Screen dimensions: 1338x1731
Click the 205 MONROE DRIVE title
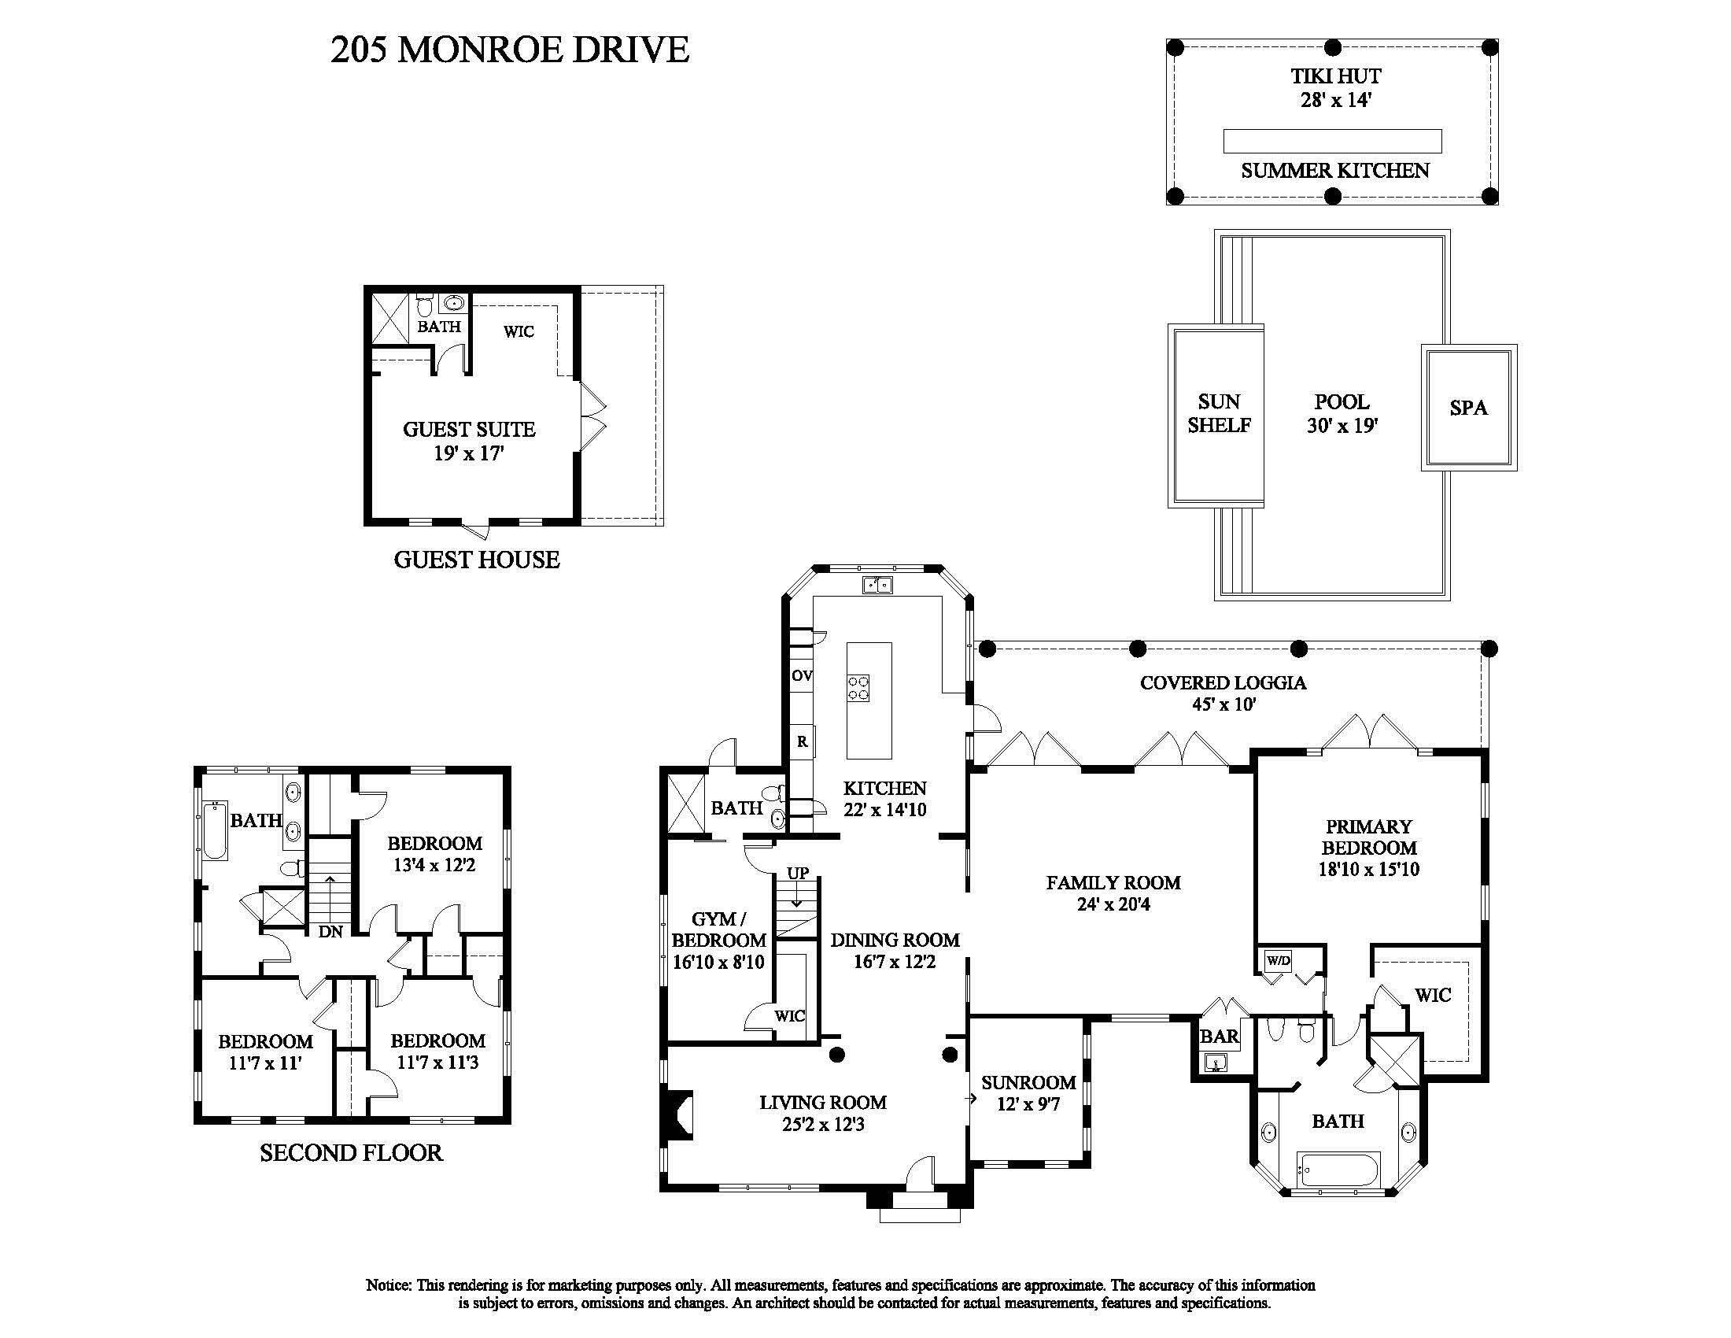(x=510, y=49)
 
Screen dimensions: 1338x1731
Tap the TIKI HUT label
(x=1335, y=77)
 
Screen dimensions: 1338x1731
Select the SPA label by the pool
(x=1468, y=408)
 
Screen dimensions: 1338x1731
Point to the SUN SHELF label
(x=1218, y=413)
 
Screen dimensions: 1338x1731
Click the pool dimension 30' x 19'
(x=1342, y=427)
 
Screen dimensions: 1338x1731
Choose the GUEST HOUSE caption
(x=476, y=560)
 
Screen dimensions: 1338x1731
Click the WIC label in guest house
(x=519, y=331)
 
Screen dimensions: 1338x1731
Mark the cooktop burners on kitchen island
(x=858, y=686)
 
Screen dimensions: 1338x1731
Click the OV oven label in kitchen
(x=801, y=676)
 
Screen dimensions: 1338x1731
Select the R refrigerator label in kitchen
(x=802, y=742)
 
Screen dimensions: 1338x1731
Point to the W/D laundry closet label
(x=1278, y=961)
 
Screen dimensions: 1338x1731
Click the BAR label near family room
(x=1219, y=1036)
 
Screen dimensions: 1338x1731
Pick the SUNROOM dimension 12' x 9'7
(x=1028, y=1104)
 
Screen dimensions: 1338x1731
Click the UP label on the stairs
(x=797, y=873)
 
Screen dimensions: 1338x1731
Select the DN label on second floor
(x=330, y=932)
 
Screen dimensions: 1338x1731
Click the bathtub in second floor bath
(x=215, y=830)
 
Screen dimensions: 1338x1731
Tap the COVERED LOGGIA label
(x=1223, y=682)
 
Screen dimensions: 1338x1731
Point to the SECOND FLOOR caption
(x=351, y=1152)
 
